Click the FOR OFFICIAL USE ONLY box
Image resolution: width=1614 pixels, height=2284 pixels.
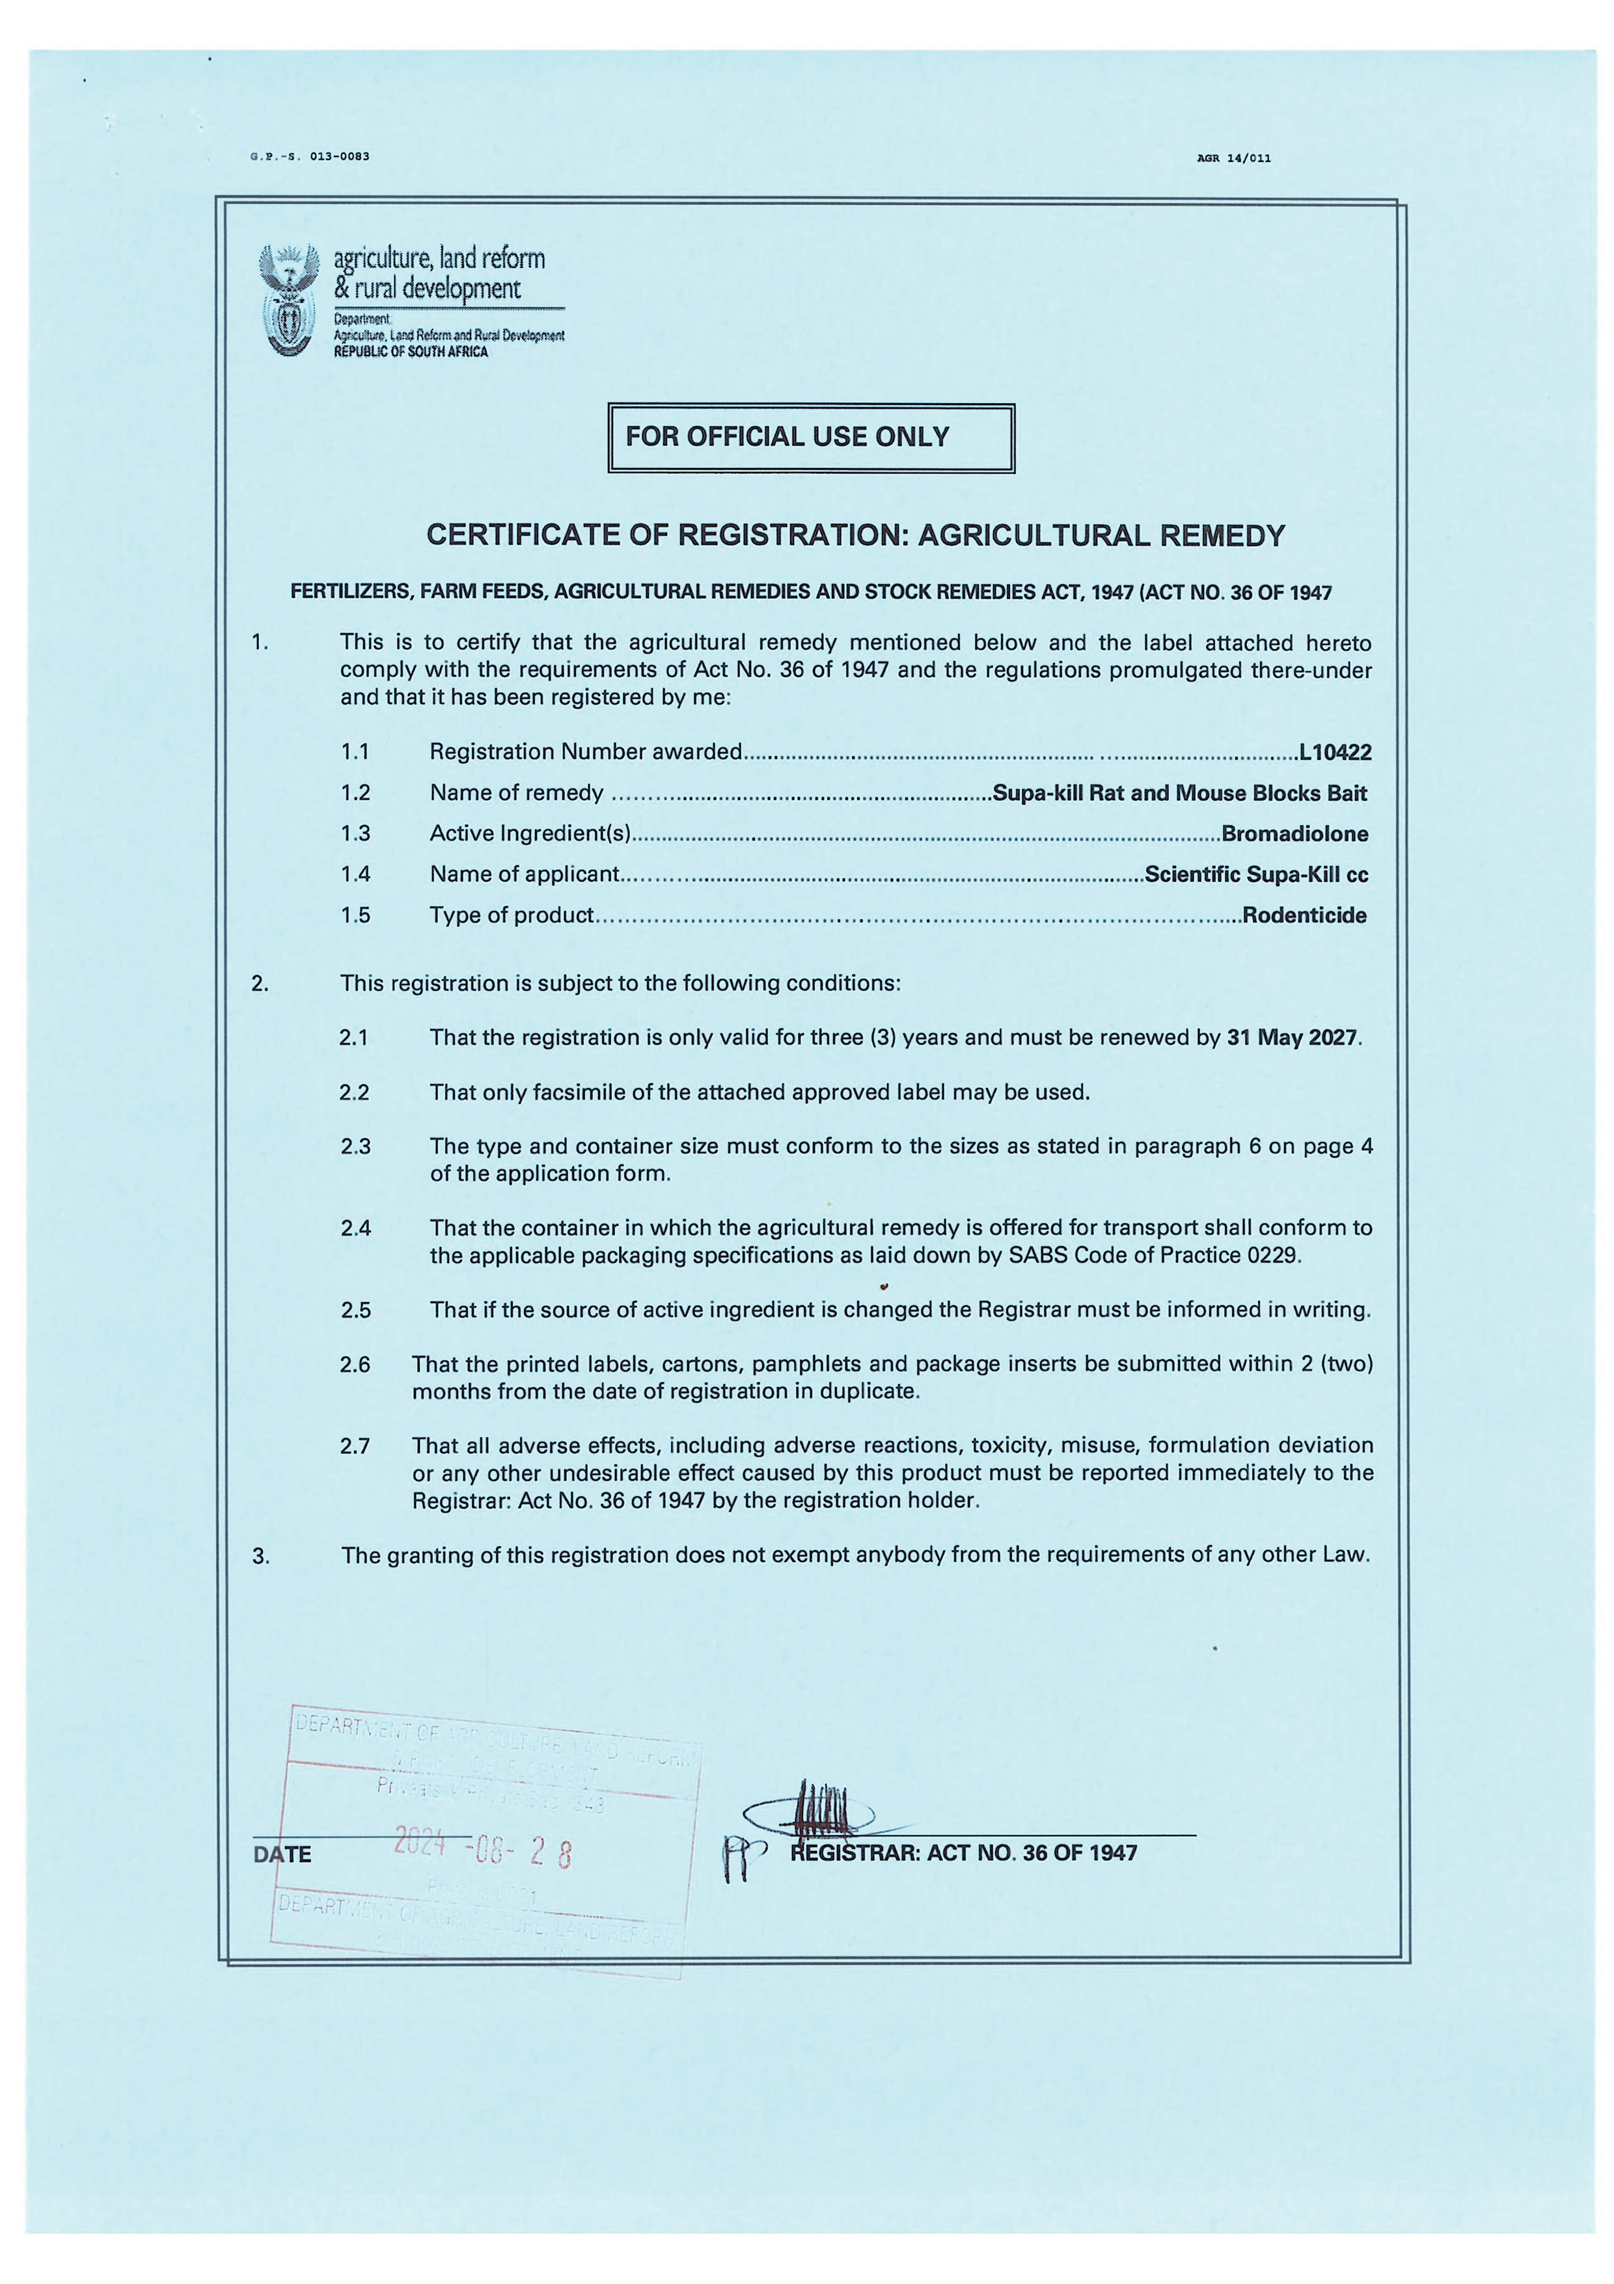pos(810,438)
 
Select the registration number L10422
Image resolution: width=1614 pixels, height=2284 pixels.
pos(1335,752)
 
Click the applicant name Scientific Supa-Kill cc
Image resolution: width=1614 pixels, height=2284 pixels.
pos(1256,874)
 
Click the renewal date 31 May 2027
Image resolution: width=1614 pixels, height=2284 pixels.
pos(1292,1038)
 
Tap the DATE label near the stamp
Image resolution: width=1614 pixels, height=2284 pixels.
pos(282,1854)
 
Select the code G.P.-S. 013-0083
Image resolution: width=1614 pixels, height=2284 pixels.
pos(310,156)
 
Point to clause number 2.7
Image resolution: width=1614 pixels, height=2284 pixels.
pos(355,1445)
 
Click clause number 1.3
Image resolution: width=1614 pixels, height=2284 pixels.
pos(355,833)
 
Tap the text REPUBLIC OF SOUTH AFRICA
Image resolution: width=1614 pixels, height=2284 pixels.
pos(411,352)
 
